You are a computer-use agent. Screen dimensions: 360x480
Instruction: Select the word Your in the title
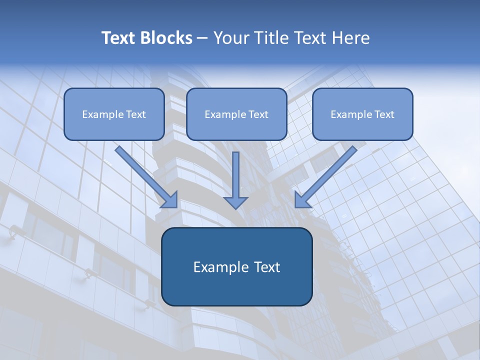tap(231, 38)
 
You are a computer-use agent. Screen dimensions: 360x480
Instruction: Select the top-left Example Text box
tap(114, 114)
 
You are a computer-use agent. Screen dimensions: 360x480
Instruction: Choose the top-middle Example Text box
tap(236, 114)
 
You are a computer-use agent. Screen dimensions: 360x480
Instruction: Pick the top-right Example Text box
tap(362, 114)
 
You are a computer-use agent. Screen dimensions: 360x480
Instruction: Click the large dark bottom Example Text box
tap(236, 266)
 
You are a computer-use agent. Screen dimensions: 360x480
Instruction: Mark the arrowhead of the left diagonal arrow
tap(170, 200)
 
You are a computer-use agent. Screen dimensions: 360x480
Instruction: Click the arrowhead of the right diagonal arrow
tap(302, 200)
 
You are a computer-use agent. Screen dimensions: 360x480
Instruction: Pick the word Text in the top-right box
tap(384, 114)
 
